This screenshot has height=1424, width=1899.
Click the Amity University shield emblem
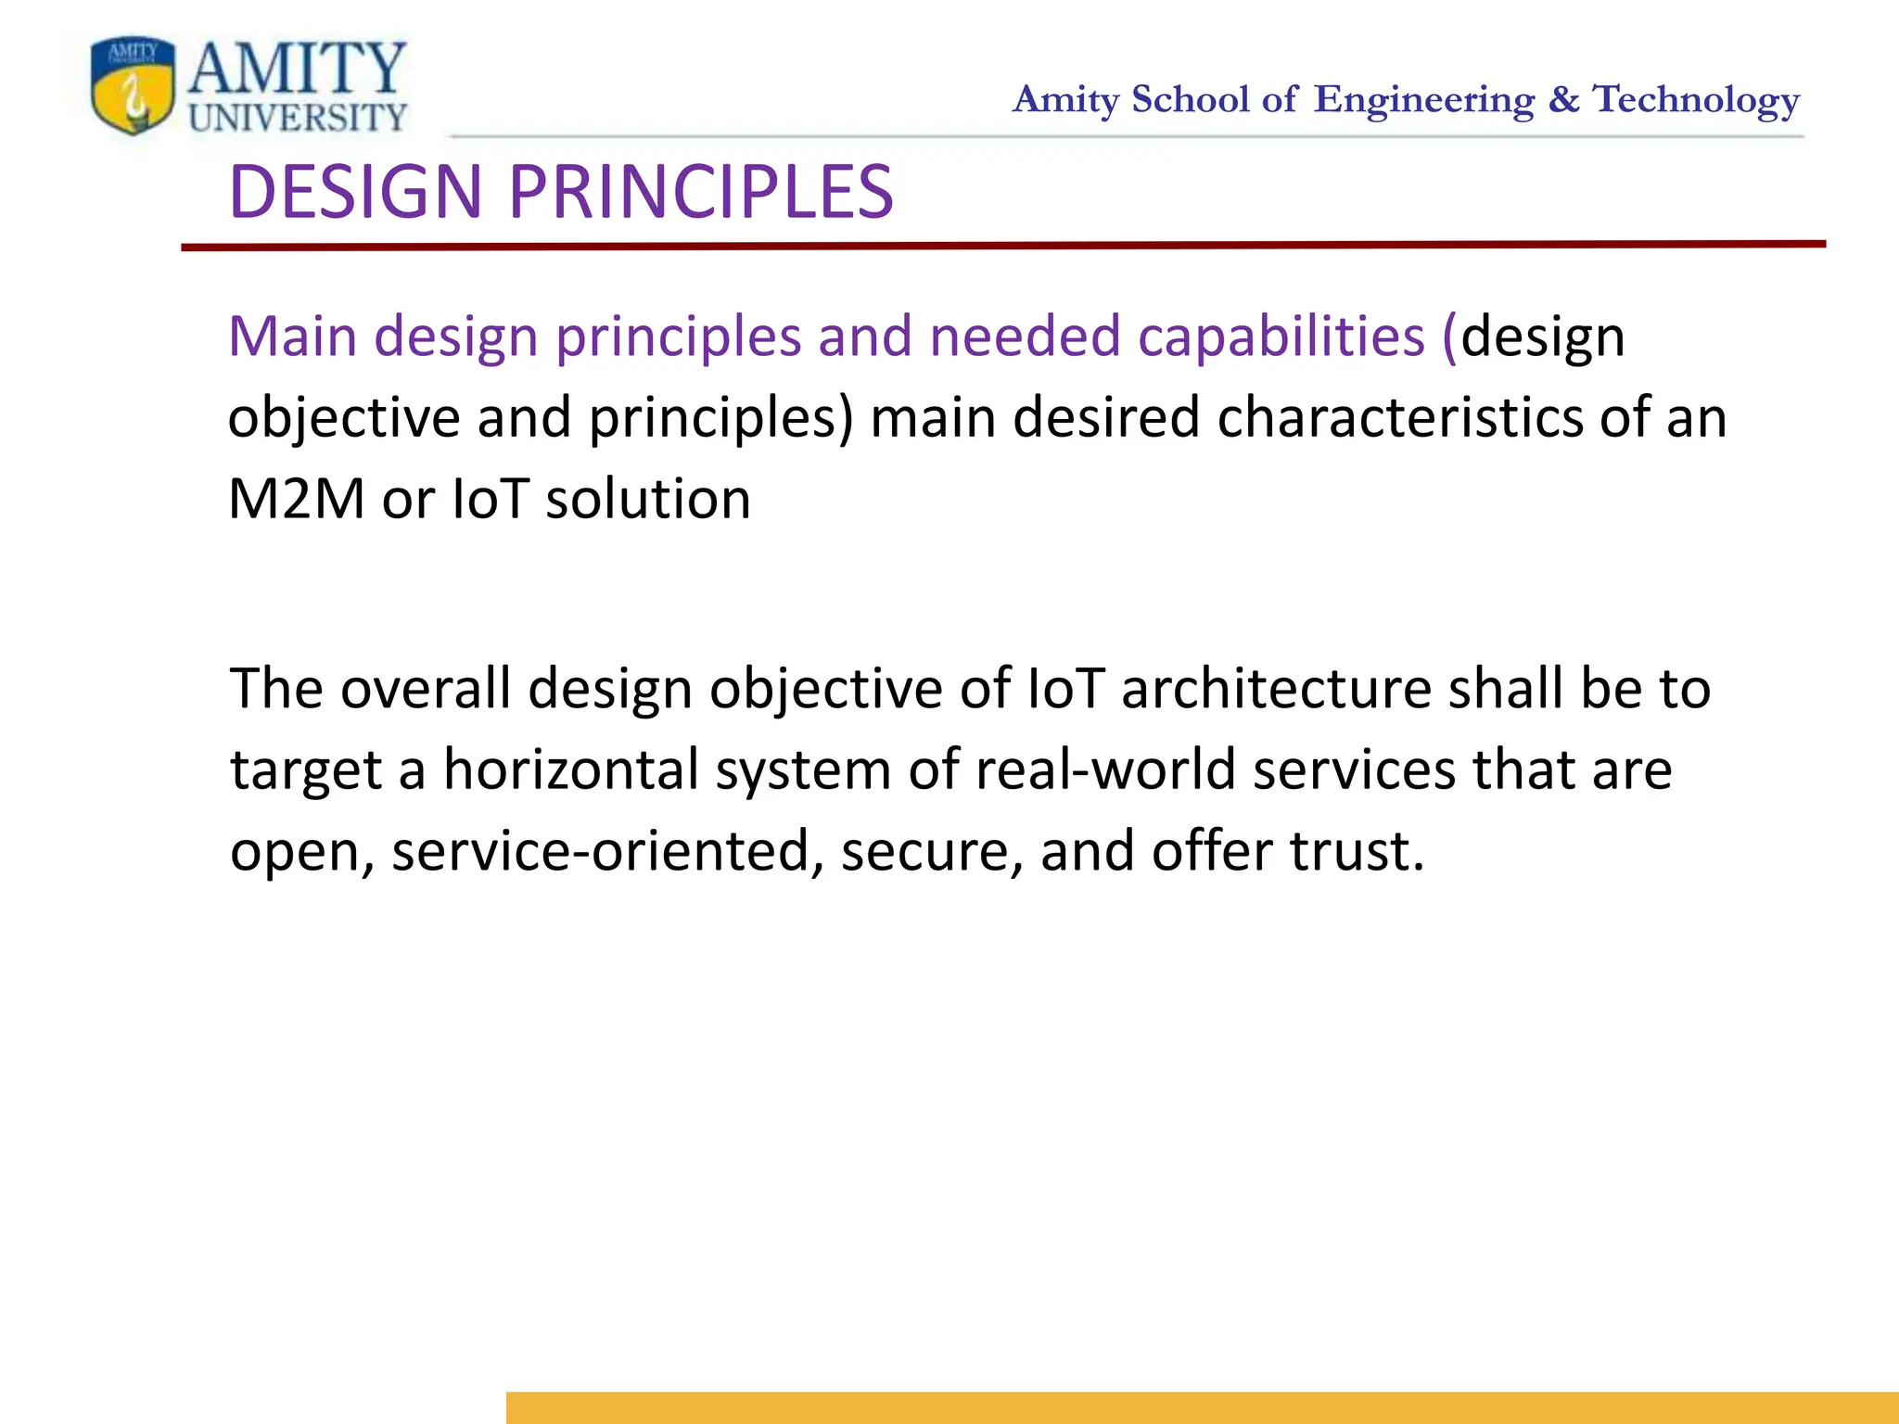[x=133, y=86]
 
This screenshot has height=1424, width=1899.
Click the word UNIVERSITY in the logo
[x=298, y=118]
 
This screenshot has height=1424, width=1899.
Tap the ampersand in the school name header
[x=1563, y=99]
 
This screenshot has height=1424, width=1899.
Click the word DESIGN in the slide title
[x=356, y=192]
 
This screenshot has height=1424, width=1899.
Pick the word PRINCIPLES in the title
[x=701, y=192]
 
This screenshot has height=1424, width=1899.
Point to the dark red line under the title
[x=1001, y=246]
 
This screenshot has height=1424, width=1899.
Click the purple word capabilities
[x=1281, y=336]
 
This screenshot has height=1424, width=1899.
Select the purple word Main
[x=292, y=336]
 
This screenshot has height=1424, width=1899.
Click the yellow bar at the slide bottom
[x=1202, y=1407]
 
